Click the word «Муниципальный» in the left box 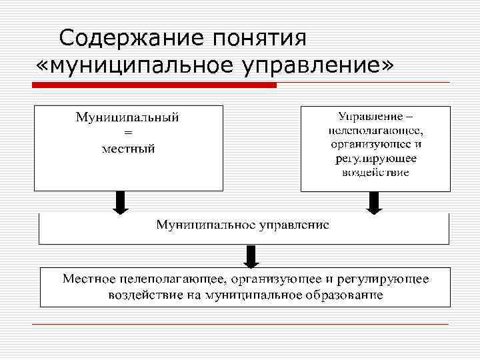pyautogui.click(x=127, y=118)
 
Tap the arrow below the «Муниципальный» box pyautogui.click(x=120, y=203)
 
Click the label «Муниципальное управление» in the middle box pyautogui.click(x=243, y=224)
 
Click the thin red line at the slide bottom pyautogui.click(x=240, y=325)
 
